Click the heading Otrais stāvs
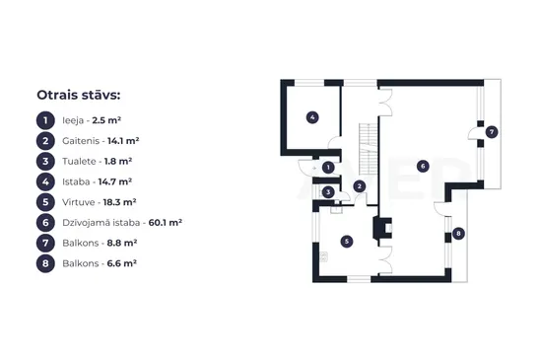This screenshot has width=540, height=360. (79, 95)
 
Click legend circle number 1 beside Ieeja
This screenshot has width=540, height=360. (45, 120)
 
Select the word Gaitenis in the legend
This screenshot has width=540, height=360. (81, 141)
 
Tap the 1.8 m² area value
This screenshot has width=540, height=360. (118, 161)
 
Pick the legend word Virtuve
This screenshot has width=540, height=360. (79, 202)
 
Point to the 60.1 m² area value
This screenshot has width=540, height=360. (165, 223)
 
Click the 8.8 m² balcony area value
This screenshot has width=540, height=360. (122, 243)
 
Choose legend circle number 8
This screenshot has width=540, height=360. (45, 263)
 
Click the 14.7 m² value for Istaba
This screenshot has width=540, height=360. (115, 181)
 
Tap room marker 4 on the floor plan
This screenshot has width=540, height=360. (312, 117)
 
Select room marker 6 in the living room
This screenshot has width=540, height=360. (423, 167)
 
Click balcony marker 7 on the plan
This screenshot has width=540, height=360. (492, 132)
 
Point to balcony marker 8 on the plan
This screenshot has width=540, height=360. (458, 234)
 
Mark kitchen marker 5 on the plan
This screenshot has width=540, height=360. (347, 242)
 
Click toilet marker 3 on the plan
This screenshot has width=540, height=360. (328, 192)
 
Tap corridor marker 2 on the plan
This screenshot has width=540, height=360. (360, 186)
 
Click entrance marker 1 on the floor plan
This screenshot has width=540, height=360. (328, 168)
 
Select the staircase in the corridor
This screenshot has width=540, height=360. (369, 149)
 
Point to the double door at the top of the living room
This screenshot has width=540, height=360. (385, 103)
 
